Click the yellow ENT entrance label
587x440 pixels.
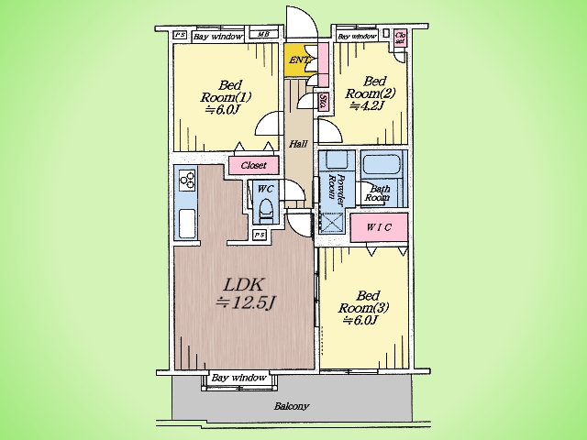coord(299,60)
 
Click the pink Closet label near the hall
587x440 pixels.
coord(252,165)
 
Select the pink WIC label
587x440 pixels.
coord(379,225)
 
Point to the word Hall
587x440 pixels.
coord(298,145)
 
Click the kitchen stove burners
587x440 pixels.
coord(186,180)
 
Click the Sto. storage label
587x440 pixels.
coord(325,103)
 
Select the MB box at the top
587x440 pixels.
coord(263,36)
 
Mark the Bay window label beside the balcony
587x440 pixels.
coord(238,378)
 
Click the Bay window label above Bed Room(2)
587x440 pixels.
coord(358,37)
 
